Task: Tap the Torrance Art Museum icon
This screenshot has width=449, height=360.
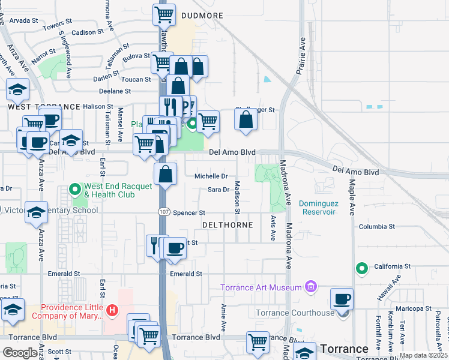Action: [310, 287]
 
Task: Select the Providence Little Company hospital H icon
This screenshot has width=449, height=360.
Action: [112, 311]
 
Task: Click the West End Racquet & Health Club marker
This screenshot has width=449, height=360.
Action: [76, 190]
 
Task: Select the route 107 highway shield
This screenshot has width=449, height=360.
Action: [163, 212]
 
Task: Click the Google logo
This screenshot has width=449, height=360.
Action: [20, 353]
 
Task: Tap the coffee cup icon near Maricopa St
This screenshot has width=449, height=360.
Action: [342, 298]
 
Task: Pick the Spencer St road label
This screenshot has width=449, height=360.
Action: [189, 213]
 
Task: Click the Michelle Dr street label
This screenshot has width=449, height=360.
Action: [211, 176]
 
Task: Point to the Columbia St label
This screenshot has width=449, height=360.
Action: [376, 227]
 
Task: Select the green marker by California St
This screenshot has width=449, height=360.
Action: [361, 268]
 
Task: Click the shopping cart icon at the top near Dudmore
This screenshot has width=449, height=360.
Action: [164, 14]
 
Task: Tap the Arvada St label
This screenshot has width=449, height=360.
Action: [24, 20]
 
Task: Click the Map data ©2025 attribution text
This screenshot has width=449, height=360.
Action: [423, 355]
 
